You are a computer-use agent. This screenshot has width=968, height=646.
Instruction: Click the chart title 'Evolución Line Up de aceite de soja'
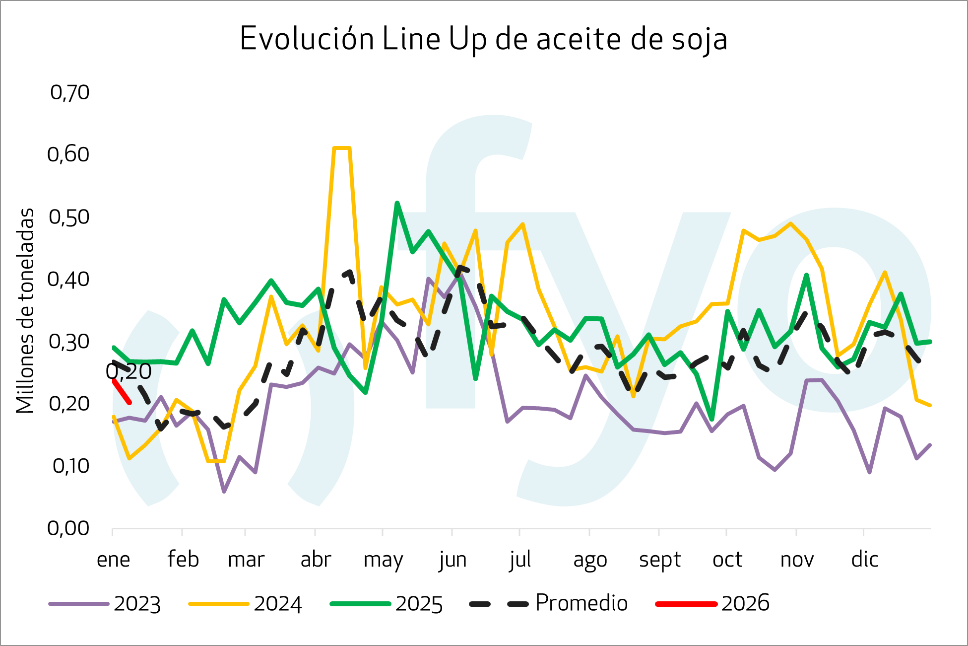pyautogui.click(x=484, y=39)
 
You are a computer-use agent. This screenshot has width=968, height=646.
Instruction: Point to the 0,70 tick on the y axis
pyautogui.click(x=69, y=92)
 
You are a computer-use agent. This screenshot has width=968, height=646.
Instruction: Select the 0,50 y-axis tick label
pyautogui.click(x=69, y=217)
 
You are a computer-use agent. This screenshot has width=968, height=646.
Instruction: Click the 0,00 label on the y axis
pyautogui.click(x=68, y=528)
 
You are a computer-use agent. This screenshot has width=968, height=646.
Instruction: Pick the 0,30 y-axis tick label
pyautogui.click(x=69, y=342)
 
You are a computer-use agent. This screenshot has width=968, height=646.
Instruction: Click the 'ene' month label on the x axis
pyautogui.click(x=113, y=560)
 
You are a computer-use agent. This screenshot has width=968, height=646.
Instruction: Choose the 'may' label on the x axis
pyautogui.click(x=383, y=560)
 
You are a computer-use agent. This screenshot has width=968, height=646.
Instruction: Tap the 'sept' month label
pyautogui.click(x=659, y=560)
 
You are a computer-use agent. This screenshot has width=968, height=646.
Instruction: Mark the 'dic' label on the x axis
pyautogui.click(x=865, y=560)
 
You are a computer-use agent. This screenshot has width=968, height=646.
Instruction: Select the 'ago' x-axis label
pyautogui.click(x=590, y=560)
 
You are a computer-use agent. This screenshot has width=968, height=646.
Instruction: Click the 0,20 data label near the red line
pyautogui.click(x=129, y=371)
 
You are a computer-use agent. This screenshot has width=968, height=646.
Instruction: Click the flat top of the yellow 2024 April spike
pyautogui.click(x=342, y=148)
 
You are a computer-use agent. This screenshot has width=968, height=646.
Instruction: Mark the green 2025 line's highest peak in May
pyautogui.click(x=397, y=203)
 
